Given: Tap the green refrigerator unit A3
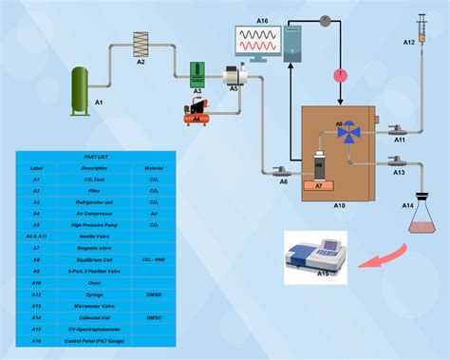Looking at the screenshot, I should [197, 73].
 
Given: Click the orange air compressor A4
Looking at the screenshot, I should [197, 111].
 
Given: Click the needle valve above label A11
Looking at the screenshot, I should [399, 128].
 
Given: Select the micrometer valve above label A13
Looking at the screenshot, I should [398, 161].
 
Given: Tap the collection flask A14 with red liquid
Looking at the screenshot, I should [421, 218].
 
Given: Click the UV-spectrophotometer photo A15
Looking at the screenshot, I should [322, 257].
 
